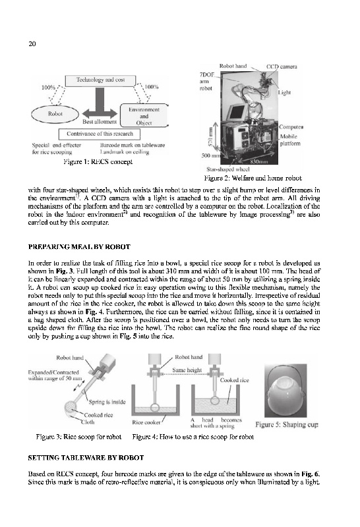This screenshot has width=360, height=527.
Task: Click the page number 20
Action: click(32, 43)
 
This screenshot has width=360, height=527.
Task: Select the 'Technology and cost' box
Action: click(100, 80)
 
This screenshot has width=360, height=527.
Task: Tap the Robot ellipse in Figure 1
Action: click(55, 114)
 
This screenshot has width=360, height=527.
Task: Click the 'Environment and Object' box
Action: click(144, 116)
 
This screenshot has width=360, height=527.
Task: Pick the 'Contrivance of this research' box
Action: click(100, 134)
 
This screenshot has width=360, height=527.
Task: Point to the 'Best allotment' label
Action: click(100, 122)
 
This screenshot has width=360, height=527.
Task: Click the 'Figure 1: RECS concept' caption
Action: click(98, 161)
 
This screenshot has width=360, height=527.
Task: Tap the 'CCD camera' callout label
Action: click(282, 67)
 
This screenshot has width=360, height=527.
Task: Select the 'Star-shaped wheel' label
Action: click(227, 169)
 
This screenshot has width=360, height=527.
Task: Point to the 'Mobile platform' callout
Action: click(290, 140)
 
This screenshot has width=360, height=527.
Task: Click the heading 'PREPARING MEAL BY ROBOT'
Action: click(79, 247)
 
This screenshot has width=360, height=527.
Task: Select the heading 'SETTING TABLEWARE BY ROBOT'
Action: click(86, 458)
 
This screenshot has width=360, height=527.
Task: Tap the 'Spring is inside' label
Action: click(107, 402)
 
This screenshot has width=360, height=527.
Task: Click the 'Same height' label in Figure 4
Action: click(187, 370)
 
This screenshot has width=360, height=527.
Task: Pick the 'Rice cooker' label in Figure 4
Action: click(146, 422)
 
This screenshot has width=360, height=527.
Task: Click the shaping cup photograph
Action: click(285, 391)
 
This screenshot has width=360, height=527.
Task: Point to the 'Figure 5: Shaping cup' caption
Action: click(287, 424)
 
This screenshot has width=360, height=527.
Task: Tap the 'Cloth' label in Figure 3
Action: click(88, 422)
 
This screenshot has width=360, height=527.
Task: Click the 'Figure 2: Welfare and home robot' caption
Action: click(253, 178)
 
